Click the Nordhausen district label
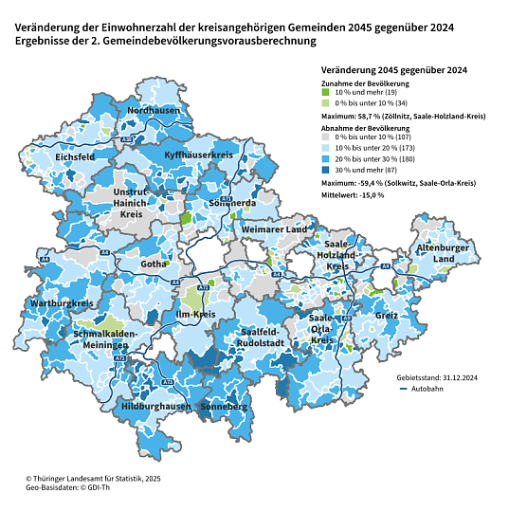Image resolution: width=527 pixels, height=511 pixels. pos(154,111)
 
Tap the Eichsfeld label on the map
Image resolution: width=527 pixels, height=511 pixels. pos(74,156)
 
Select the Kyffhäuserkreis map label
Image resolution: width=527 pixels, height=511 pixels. pos(199,154)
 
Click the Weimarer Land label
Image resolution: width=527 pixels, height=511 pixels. pos(274,230)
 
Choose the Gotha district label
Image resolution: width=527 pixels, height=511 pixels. pos(153,264)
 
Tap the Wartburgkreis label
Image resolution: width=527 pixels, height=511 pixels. pos(61,303)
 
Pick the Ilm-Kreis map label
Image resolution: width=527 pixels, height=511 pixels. pos(197,314)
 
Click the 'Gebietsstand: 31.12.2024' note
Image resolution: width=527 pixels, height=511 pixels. pos(435,376)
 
